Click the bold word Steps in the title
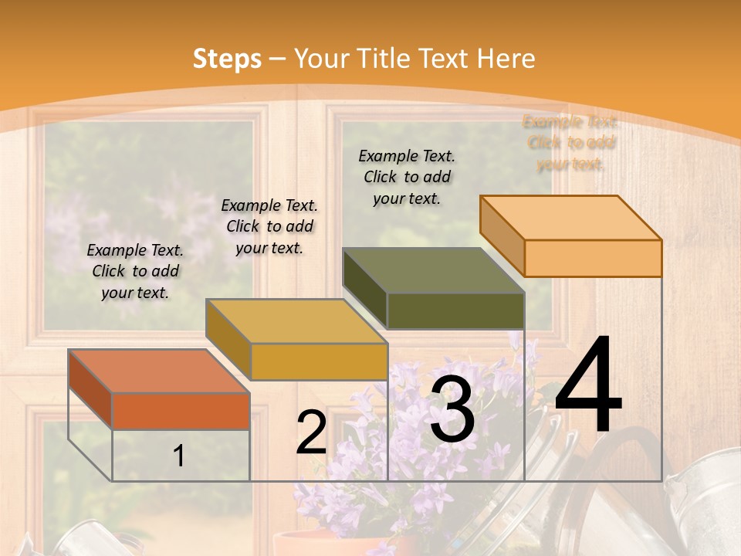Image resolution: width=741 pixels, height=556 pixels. [227, 59]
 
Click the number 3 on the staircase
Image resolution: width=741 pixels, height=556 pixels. [452, 409]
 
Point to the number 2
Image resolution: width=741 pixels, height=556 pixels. [311, 432]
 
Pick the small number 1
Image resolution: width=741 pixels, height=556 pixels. [179, 456]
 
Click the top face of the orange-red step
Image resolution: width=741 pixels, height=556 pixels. [158, 371]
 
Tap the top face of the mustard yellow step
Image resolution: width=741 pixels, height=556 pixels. [296, 321]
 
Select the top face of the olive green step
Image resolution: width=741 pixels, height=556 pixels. [433, 271]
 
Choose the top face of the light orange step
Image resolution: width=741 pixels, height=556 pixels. [570, 218]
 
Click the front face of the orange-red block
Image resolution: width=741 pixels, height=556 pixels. [181, 411]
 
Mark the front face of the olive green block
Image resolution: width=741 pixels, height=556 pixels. [455, 310]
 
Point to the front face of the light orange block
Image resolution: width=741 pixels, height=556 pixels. [593, 258]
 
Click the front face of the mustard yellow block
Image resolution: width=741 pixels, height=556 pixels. [318, 361]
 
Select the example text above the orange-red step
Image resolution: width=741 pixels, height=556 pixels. [135, 271]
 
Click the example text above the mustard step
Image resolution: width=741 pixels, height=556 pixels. [269, 226]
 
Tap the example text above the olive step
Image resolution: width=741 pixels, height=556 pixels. [407, 177]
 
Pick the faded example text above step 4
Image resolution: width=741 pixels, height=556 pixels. [570, 143]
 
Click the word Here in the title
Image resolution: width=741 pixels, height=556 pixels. [506, 59]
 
